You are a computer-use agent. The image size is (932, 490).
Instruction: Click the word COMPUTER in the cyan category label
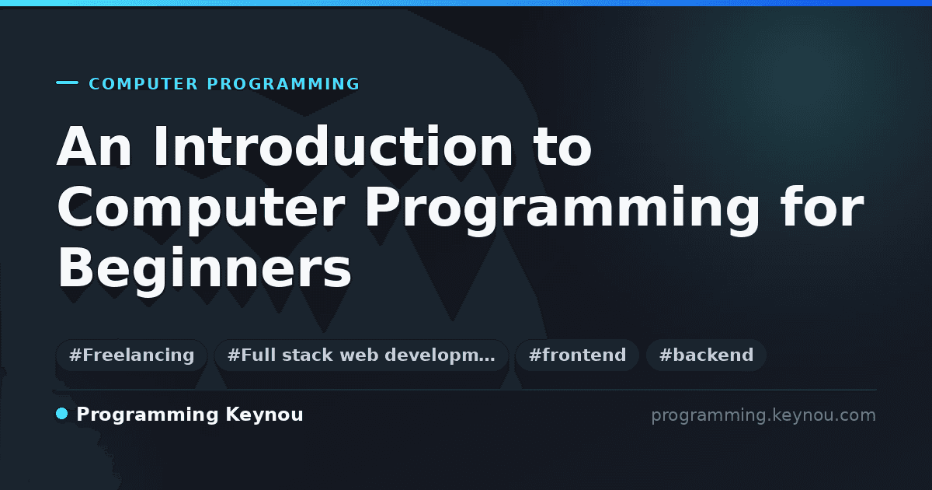point(144,84)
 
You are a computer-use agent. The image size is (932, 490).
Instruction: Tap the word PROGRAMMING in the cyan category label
point(283,84)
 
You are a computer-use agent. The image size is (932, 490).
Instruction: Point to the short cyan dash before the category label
point(67,82)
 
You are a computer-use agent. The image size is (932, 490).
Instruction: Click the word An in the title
point(95,146)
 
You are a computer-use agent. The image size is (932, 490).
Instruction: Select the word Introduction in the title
point(333,146)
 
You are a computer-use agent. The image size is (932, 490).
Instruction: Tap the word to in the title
point(563,148)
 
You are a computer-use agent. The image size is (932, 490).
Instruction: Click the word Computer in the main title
point(201,208)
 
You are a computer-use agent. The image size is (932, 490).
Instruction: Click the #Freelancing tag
point(131,355)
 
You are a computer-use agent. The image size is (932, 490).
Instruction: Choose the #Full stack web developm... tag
point(361,355)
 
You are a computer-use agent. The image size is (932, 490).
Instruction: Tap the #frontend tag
point(577,355)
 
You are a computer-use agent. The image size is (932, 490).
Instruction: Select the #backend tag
point(706,355)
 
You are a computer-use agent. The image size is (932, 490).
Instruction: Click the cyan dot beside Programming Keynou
point(61,414)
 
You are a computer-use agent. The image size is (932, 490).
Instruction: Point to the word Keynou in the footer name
point(264,415)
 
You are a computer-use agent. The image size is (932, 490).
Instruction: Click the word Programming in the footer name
point(148,415)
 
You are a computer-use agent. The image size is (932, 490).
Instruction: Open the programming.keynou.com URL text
point(763,415)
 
